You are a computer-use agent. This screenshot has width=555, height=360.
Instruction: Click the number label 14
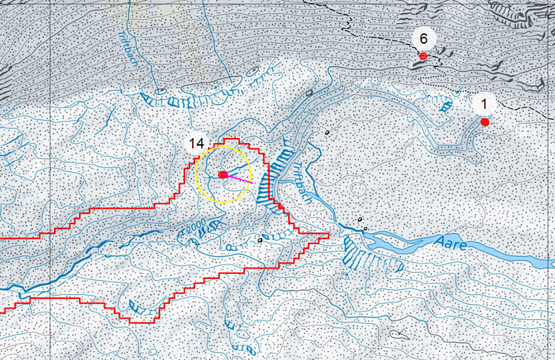click(197, 143)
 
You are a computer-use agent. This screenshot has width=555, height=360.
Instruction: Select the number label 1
click(484, 103)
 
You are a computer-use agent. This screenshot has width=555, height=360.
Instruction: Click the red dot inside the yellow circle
click(222, 175)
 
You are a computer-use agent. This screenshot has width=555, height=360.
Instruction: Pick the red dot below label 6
click(423, 55)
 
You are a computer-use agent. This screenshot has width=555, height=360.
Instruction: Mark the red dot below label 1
click(485, 122)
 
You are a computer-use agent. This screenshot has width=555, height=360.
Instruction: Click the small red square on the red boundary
click(280, 205)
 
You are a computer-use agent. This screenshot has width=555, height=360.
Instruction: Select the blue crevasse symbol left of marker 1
click(446, 106)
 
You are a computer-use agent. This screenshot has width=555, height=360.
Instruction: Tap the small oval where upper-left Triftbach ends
click(160, 91)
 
